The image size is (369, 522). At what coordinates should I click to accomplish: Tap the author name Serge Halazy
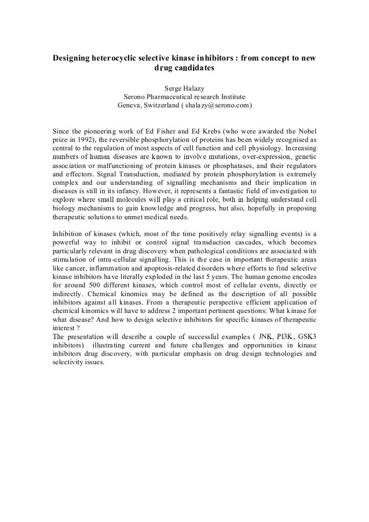click(x=184, y=88)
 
